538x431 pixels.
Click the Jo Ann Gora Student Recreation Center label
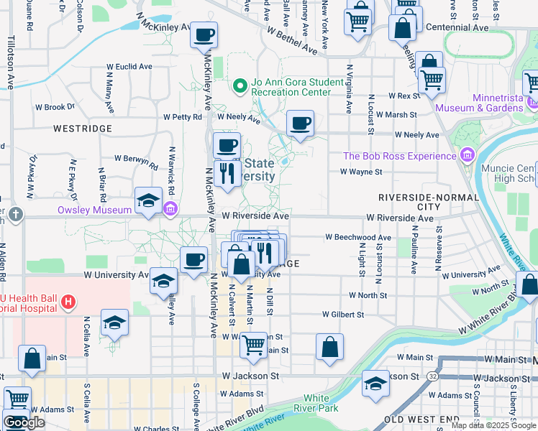pyautogui.click(x=291, y=87)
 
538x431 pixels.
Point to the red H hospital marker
pyautogui.click(x=68, y=301)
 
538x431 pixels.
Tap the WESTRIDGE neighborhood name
pyautogui.click(x=82, y=128)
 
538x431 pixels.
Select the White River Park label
pyautogui.click(x=320, y=403)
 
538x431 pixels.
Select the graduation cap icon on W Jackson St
pyautogui.click(x=375, y=383)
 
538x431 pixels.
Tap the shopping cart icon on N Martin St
pyautogui.click(x=253, y=345)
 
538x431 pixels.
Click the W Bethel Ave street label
pyautogui.click(x=291, y=40)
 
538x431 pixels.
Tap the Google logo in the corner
pyautogui.click(x=23, y=422)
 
